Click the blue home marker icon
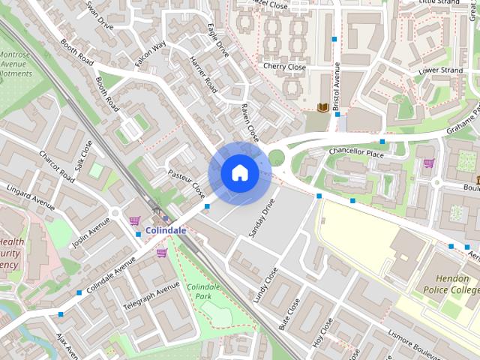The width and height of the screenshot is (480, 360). click(x=239, y=173)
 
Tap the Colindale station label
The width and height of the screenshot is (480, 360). click(x=166, y=230)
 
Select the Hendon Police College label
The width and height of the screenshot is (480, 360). click(x=448, y=283)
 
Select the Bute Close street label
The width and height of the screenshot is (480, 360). click(x=289, y=314)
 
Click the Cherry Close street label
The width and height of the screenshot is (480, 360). click(x=284, y=67)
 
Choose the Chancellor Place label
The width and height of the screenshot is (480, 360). click(x=355, y=152)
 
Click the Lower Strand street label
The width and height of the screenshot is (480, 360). click(x=439, y=71)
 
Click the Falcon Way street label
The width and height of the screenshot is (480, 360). click(x=151, y=55)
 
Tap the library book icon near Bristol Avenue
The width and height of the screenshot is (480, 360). click(x=322, y=109)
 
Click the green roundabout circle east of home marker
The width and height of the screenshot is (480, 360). click(x=277, y=157)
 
